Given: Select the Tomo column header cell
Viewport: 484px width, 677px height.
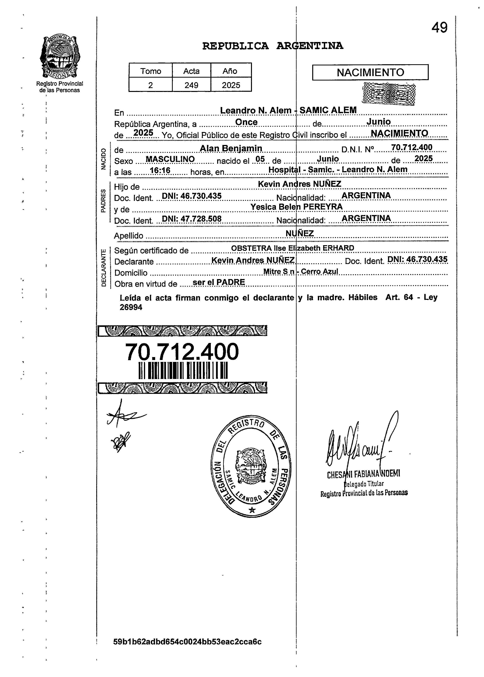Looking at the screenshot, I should pos(151,71).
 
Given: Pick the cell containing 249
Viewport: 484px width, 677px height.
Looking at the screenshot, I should pos(191,85).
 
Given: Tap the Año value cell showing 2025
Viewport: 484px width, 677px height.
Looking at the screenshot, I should pos(231,85).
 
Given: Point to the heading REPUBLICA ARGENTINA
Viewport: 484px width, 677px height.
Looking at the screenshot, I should pos(272,46).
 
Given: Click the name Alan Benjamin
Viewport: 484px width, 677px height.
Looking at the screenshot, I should pos(231,148).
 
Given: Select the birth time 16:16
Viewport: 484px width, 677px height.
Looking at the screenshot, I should pos(160,171).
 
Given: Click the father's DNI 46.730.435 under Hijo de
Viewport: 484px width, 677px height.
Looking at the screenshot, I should pos(192,196).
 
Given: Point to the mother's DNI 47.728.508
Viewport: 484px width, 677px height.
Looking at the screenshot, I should pos(192,219).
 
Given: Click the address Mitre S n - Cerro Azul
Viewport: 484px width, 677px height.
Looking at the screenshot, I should pos(301,272).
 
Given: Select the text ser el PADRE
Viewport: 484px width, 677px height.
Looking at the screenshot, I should pos(219,282).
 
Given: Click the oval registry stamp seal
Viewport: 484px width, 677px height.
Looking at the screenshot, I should pos(251,468).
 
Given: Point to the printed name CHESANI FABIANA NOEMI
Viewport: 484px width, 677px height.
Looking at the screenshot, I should pos(363,474).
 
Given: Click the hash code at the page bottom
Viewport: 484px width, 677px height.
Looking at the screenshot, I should pos(187,650).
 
